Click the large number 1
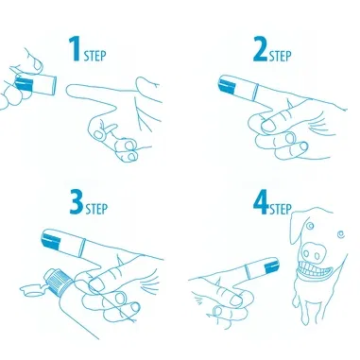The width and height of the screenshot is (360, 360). [x=75, y=49]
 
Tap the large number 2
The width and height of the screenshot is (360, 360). [x=261, y=49]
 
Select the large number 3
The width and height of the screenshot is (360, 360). [x=77, y=202]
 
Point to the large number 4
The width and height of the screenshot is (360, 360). [x=261, y=202]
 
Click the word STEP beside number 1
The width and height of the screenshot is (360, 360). [x=95, y=56]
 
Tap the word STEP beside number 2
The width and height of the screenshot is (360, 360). [x=281, y=56]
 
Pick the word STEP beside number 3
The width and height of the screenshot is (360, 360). [x=97, y=209]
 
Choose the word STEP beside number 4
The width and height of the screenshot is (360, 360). [x=281, y=209]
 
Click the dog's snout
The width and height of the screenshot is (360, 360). [x=313, y=252]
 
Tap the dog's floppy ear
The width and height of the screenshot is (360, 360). [x=297, y=228]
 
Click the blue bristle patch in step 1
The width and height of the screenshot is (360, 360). [x=25, y=84]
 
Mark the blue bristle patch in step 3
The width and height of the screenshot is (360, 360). [x=51, y=240]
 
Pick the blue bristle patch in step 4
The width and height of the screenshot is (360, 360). [x=271, y=266]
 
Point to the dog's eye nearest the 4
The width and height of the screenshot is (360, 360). [x=311, y=226]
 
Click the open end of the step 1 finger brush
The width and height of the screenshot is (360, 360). [x=56, y=85]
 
